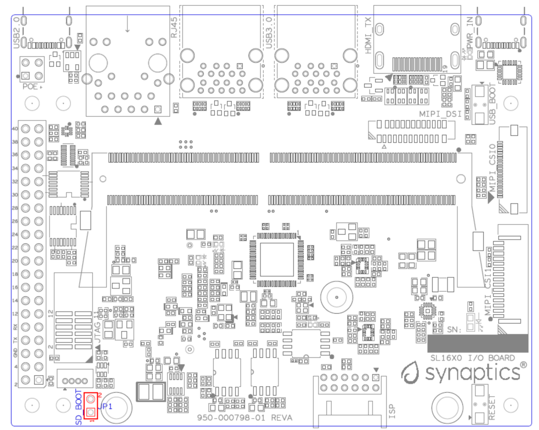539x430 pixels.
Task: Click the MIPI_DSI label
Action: tap(440, 113)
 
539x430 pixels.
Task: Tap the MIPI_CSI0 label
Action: tap(493, 168)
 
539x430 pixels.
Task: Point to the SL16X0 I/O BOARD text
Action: tap(472, 358)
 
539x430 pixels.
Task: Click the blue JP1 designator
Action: tap(105, 407)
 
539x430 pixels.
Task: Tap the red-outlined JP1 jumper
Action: tap(91, 406)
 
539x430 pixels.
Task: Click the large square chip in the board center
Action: tap(276, 260)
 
